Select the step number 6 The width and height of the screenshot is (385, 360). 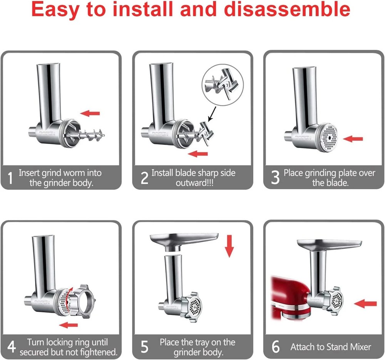[x=276, y=347]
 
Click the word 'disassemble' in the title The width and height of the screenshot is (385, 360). [x=287, y=10]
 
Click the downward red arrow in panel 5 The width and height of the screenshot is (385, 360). [x=229, y=247]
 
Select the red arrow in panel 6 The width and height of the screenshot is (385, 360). [x=365, y=304]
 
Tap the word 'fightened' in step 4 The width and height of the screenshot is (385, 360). [x=96, y=352]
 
